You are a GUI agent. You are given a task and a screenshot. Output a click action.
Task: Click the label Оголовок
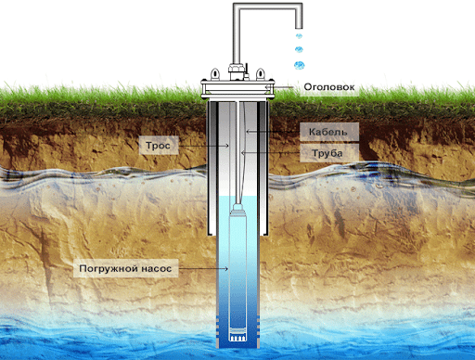click(x=329, y=87)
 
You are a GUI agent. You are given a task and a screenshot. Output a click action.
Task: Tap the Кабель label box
click(x=329, y=132)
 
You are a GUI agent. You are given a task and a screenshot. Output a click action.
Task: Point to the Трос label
click(x=158, y=146)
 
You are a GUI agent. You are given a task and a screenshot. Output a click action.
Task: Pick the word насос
click(x=157, y=269)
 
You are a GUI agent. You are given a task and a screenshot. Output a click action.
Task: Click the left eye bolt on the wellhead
click(x=214, y=74)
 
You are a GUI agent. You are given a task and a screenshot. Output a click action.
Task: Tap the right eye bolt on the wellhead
click(x=261, y=74)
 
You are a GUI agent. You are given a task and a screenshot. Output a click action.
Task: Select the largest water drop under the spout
click(x=299, y=65)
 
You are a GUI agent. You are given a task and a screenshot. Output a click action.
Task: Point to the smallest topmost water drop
click(x=299, y=36)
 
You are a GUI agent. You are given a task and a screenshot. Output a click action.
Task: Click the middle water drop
click(x=299, y=49)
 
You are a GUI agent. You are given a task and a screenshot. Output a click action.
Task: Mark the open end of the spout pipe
click(x=299, y=28)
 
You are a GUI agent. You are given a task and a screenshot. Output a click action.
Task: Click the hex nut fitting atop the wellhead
click(x=237, y=68)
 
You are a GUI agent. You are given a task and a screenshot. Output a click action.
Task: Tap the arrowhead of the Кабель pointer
click(x=248, y=132)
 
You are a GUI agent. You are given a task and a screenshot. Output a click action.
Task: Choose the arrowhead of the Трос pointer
click(x=227, y=146)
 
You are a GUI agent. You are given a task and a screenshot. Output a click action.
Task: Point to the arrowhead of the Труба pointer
click(x=243, y=152)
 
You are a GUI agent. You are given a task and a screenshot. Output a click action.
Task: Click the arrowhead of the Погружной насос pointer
click(x=226, y=269)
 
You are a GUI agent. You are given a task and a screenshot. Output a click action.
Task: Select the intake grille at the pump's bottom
click(x=237, y=337)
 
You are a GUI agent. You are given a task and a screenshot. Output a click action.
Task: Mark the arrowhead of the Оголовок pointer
click(x=266, y=87)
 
